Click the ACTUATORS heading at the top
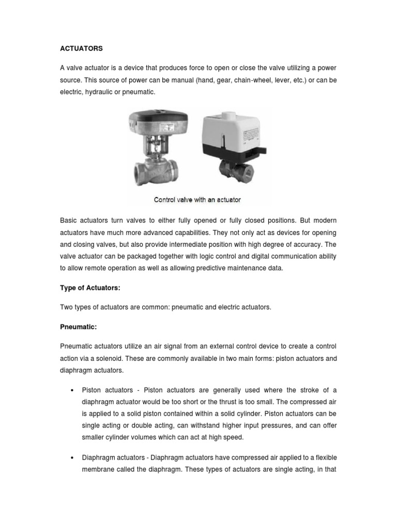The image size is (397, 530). click(82, 49)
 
